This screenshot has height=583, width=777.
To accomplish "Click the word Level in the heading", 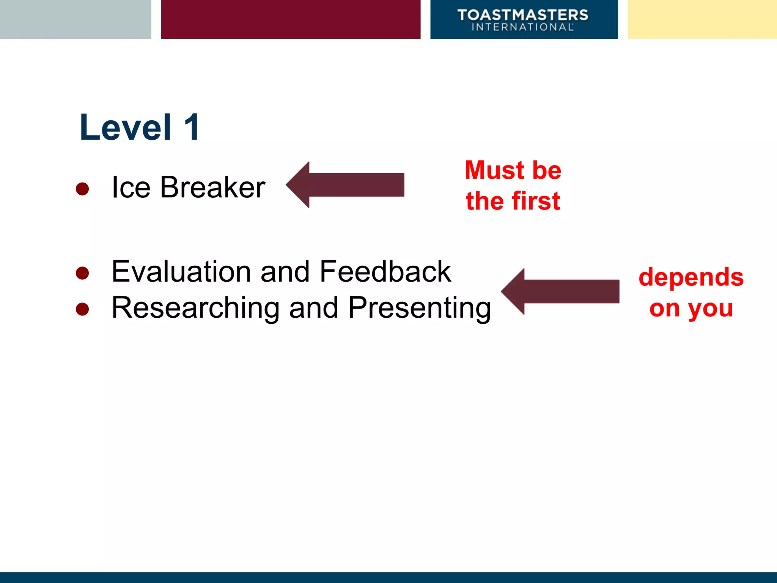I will click(125, 128).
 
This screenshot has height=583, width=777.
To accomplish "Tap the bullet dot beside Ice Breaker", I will click(82, 189).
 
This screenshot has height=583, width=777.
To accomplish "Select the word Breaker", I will click(212, 187).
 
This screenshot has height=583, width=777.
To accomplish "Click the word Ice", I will click(131, 187).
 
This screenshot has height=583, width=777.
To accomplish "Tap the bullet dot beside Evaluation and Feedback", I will click(82, 273).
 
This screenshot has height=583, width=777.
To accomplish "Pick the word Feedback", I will click(385, 271).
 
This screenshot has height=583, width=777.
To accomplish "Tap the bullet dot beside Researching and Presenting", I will click(82, 309).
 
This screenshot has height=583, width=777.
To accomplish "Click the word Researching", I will click(195, 307).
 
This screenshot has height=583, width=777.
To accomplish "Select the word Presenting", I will click(419, 308).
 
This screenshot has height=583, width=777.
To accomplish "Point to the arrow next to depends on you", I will click(560, 291).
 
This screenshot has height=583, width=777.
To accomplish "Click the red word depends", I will click(691, 277).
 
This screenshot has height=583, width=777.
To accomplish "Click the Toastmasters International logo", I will click(523, 20).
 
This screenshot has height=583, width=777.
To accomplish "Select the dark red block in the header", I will click(291, 19).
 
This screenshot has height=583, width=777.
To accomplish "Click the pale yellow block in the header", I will click(702, 19).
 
